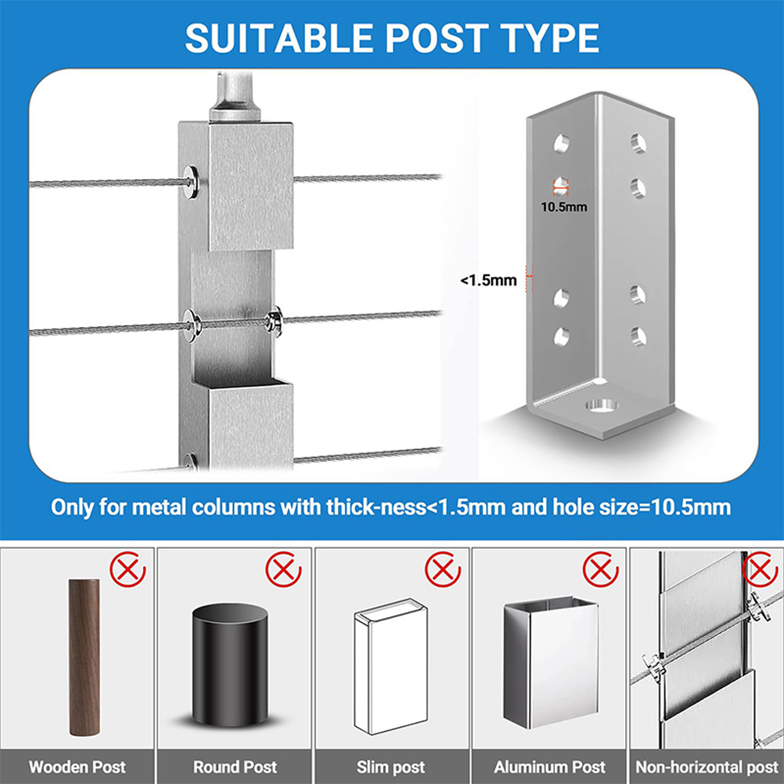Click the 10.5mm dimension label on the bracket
coord(564,207)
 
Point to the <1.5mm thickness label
coord(489,280)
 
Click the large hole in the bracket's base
coord(601,406)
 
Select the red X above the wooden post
coord(128,570)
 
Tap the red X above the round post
coord(284,570)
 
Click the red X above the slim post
coord(442,570)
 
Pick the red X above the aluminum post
coord(601,570)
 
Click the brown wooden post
coord(84,657)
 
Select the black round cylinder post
coord(230,665)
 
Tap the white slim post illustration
coord(391,666)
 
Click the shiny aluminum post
coord(551,662)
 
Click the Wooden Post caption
coord(77,767)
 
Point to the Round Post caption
coord(235,767)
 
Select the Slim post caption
coord(391,767)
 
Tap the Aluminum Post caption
coord(550,767)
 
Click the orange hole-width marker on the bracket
coord(561,186)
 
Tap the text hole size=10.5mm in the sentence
coord(642,507)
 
